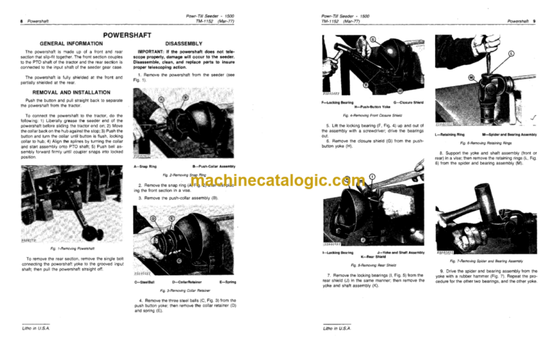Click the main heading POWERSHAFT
click(139, 35)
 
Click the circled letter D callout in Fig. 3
click(153, 217)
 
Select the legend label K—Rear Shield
click(376, 257)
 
